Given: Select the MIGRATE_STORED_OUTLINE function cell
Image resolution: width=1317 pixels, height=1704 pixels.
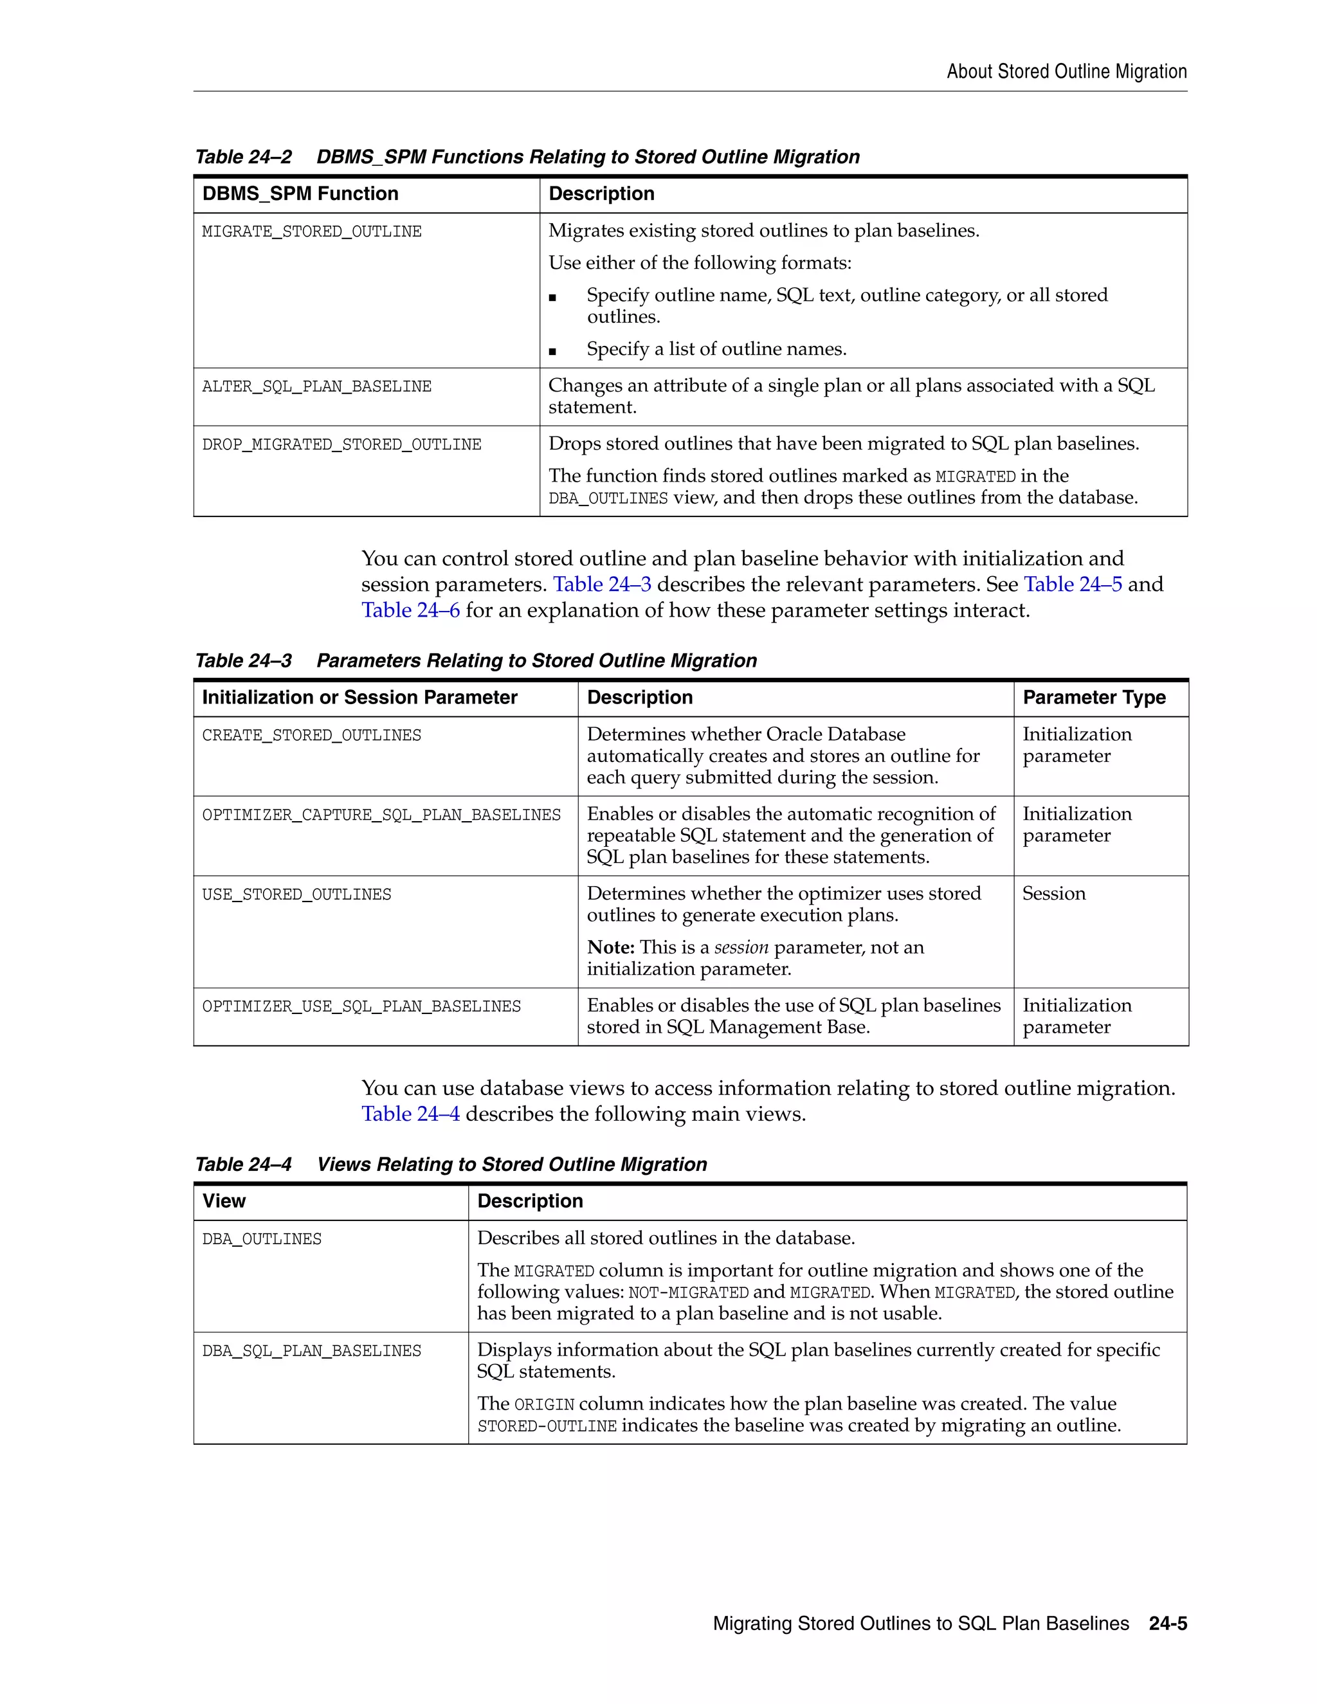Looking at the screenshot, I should [x=311, y=231].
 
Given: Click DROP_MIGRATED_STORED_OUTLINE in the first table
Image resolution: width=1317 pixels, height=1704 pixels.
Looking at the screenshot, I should [x=341, y=445].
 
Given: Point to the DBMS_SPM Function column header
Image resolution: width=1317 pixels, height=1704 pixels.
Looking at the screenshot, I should [x=300, y=194].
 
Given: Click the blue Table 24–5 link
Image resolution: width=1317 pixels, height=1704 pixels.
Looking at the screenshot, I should [x=1072, y=585].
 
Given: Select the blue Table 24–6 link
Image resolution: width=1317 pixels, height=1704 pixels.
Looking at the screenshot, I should [x=410, y=610].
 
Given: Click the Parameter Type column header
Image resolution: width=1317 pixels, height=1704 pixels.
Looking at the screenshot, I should [x=1093, y=698].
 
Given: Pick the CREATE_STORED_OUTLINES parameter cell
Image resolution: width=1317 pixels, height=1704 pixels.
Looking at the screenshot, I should [x=311, y=736].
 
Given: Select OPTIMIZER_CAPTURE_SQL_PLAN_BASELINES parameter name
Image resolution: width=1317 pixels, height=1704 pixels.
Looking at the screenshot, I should [x=381, y=815].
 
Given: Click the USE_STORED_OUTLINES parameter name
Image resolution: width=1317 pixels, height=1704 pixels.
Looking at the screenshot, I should [x=296, y=895].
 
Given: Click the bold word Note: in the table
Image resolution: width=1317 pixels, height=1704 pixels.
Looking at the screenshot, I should [x=610, y=947].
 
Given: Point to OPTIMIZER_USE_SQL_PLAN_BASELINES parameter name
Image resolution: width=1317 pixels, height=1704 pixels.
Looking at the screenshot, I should [x=361, y=1007].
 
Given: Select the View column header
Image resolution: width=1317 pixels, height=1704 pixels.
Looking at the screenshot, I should [x=224, y=1201].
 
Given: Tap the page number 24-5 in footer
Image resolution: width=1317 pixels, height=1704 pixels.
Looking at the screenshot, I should [x=1167, y=1624].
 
